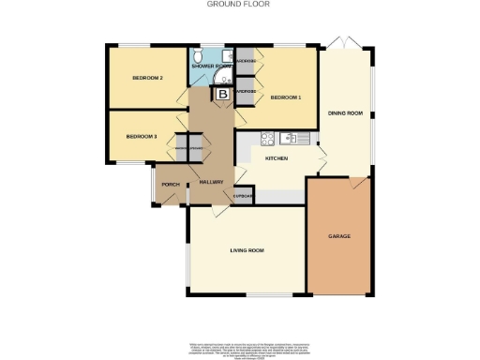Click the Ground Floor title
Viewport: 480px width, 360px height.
(239, 4)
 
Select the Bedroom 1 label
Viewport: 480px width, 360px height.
(286, 97)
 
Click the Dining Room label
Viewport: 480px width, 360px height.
(345, 115)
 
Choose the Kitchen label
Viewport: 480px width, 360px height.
(277, 158)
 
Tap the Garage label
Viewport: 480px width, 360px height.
(338, 236)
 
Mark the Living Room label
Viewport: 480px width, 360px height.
(247, 250)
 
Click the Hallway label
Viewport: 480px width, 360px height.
(212, 182)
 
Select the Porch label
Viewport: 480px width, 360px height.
(171, 185)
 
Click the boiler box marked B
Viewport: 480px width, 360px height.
(223, 94)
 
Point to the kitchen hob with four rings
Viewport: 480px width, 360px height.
(266, 140)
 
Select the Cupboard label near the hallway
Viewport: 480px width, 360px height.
(242, 196)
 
